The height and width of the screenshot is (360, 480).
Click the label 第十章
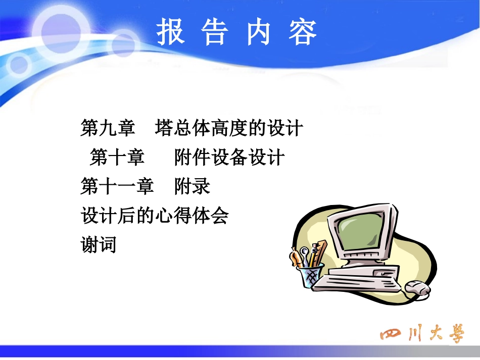click(117, 158)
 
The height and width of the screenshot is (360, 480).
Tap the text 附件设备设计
click(229, 158)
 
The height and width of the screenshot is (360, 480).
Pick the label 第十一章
click(117, 187)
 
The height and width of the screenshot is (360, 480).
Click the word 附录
click(192, 187)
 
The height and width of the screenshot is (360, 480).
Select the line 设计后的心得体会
click(155, 216)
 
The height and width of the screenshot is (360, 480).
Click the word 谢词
click(99, 245)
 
